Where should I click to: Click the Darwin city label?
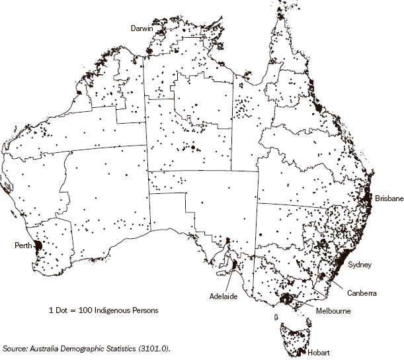click(141, 29)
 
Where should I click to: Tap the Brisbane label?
click(389, 198)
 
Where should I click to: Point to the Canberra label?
click(362, 292)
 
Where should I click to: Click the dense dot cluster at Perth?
click(38, 247)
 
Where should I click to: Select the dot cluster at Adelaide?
click(233, 266)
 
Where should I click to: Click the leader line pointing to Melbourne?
click(305, 305)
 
